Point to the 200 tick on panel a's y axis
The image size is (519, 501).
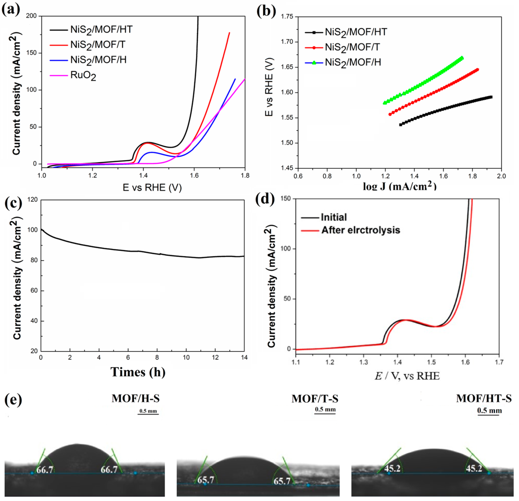click(x=31, y=16)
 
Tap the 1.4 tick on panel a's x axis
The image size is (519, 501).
click(x=143, y=175)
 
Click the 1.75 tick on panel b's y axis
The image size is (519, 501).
click(x=287, y=17)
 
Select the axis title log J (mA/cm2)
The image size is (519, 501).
click(x=400, y=186)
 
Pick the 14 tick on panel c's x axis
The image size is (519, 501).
click(x=244, y=358)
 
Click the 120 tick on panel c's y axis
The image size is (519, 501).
click(x=33, y=200)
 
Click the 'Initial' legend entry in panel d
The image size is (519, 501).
click(x=334, y=217)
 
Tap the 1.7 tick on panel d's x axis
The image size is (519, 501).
click(x=499, y=362)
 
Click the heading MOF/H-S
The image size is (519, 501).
click(x=136, y=398)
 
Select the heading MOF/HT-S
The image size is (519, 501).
click(x=484, y=398)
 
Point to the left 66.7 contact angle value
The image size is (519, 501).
click(x=45, y=470)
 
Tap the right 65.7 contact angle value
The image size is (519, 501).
click(x=282, y=481)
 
